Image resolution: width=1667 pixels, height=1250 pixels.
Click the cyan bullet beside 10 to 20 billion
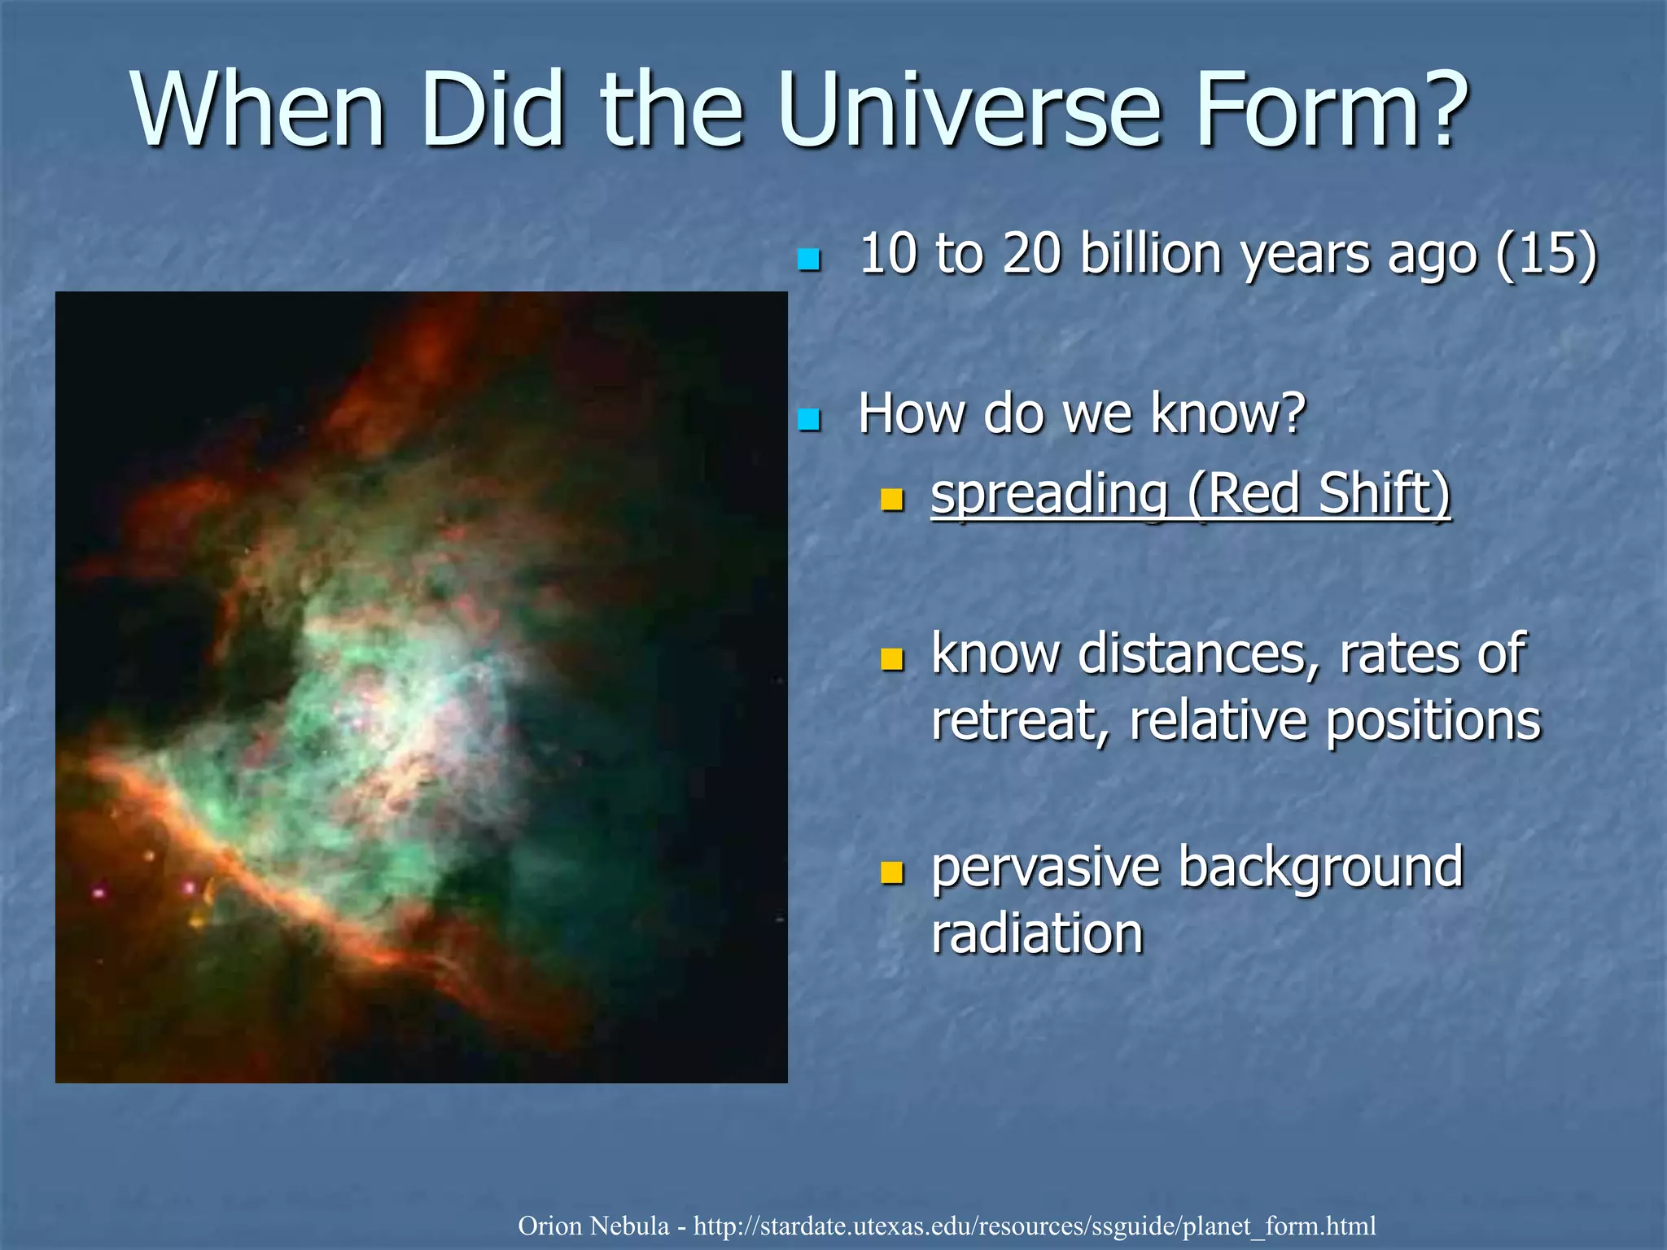pos(808,260)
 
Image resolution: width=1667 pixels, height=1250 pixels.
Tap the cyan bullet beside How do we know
pos(808,420)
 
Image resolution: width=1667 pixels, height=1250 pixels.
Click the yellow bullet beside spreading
pos(892,498)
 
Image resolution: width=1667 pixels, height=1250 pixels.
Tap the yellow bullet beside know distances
pos(892,658)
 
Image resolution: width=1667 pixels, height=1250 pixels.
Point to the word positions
pos(1433,721)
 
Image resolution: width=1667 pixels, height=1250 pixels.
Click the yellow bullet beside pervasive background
pos(892,872)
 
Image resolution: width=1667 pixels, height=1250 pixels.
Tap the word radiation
pos(1037,933)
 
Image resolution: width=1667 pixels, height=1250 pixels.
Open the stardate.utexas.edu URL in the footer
pos(1035,1226)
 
